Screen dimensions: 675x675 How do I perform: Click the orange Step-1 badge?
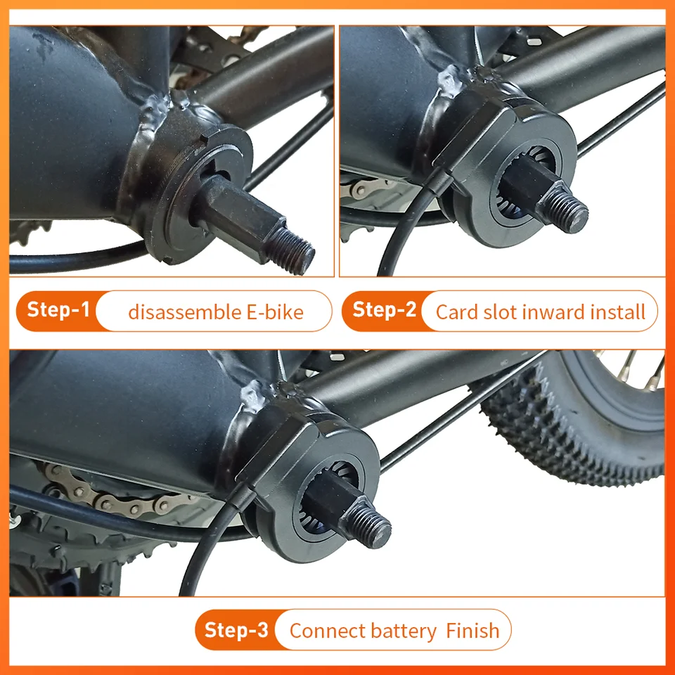59,310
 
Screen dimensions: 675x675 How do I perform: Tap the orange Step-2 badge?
384,310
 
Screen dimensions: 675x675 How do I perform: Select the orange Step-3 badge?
236,629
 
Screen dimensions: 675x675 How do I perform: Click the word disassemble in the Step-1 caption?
176,311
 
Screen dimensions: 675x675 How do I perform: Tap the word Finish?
472,631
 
